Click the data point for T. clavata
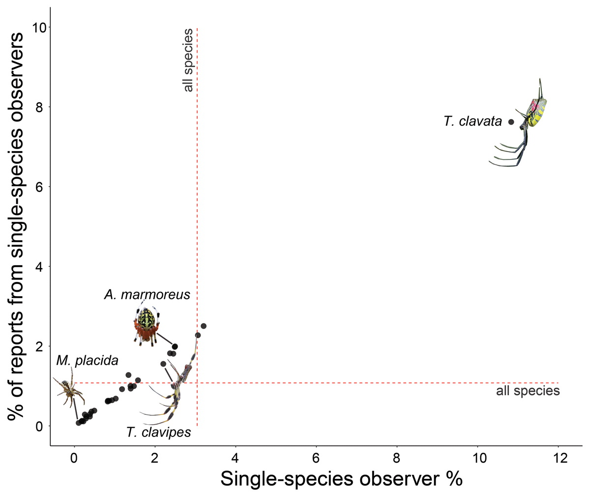(x=511, y=122)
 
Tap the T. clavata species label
(x=472, y=122)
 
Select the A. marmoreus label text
(x=147, y=295)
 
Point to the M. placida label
(x=87, y=361)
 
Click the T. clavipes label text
(x=158, y=433)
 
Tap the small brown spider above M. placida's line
(x=68, y=389)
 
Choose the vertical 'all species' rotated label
(x=188, y=61)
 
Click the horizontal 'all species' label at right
(x=528, y=391)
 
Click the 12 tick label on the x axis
(x=558, y=459)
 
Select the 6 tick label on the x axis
(x=316, y=459)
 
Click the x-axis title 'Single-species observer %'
(x=341, y=479)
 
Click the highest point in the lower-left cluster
(x=204, y=326)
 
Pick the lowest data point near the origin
(x=79, y=423)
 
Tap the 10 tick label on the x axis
(x=477, y=459)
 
